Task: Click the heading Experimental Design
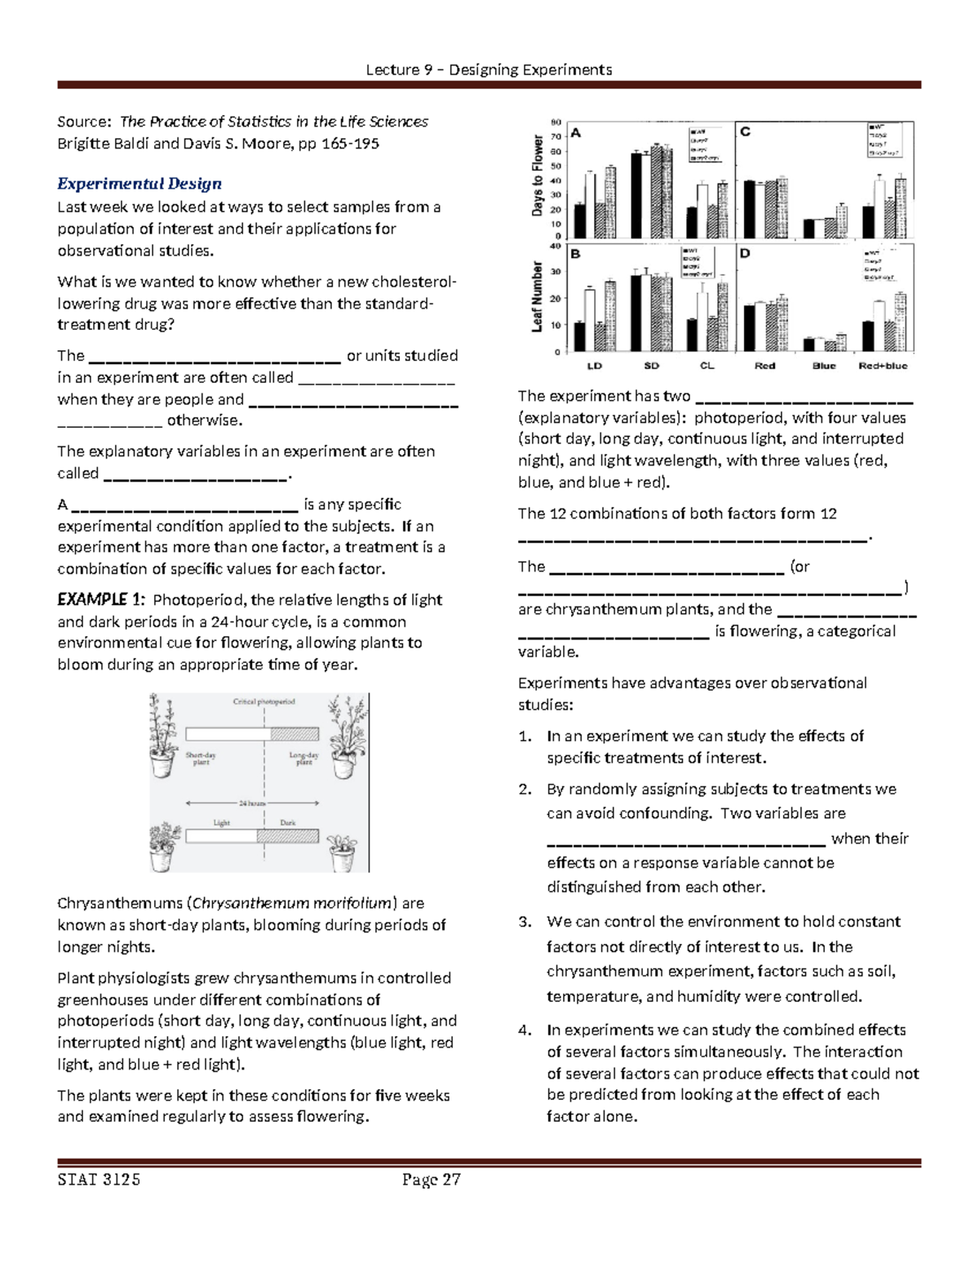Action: click(x=139, y=184)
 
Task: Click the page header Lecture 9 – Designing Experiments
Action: click(x=489, y=69)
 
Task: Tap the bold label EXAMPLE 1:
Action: click(x=101, y=600)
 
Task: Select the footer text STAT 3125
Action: click(x=99, y=1180)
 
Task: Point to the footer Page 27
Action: click(x=431, y=1180)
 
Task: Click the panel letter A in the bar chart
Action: click(x=576, y=133)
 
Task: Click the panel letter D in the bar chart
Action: click(x=744, y=254)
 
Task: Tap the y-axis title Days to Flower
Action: click(x=538, y=176)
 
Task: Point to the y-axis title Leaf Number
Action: click(x=538, y=296)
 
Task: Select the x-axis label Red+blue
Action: click(x=883, y=366)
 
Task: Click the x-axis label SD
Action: click(x=651, y=366)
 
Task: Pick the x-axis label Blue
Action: click(x=824, y=366)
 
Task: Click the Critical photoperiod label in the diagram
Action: click(x=264, y=701)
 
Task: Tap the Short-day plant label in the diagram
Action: click(x=201, y=759)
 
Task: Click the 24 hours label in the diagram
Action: click(x=252, y=803)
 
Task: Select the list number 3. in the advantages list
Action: click(x=525, y=922)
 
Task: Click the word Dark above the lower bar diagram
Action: click(x=288, y=823)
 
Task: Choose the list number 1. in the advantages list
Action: click(x=525, y=736)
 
